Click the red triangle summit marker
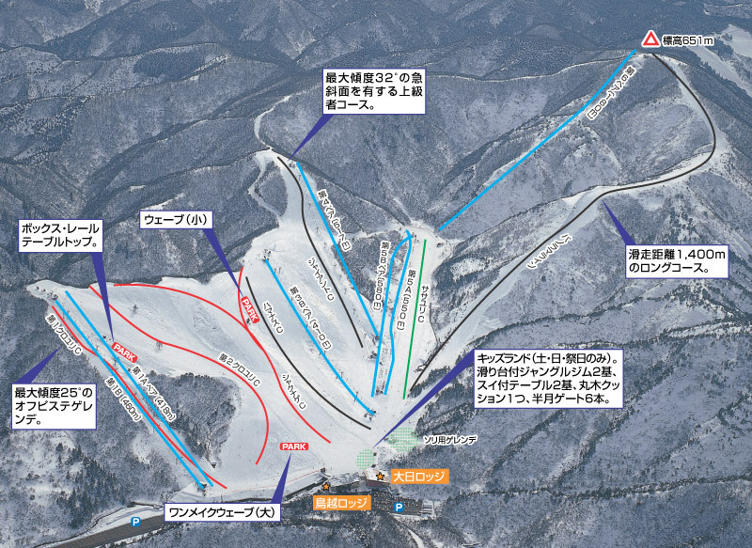coord(650,39)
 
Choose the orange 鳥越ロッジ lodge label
coord(342,503)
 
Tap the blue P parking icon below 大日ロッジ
coord(399,508)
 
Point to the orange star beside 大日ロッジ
coord(381,477)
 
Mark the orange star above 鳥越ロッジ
coord(326,487)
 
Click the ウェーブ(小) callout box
coord(177,219)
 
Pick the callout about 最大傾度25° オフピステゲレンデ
coord(54,406)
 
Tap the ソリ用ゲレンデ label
coord(450,439)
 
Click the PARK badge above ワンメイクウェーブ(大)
coord(294,446)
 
